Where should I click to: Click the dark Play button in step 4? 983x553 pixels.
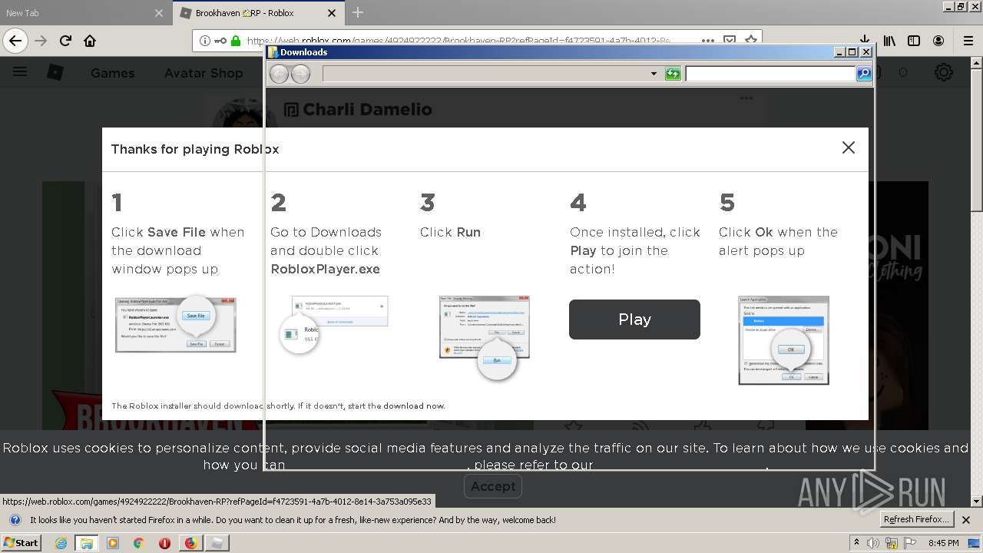tap(634, 320)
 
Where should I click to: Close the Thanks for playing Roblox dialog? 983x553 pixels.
tap(848, 147)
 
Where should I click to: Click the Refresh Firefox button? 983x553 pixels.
tap(916, 520)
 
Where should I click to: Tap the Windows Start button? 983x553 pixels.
tap(22, 543)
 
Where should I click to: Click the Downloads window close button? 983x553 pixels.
tap(866, 52)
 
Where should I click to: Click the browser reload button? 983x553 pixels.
tap(66, 41)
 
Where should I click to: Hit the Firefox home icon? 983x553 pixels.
tap(90, 41)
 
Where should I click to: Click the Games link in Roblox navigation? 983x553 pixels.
tap(112, 73)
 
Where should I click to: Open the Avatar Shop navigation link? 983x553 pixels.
tap(204, 73)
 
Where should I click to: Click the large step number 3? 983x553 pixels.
tap(428, 203)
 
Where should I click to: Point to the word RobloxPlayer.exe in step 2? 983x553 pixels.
tap(325, 269)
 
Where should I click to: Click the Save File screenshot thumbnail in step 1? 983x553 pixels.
tap(175, 324)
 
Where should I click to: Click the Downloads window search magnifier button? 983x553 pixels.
tap(864, 74)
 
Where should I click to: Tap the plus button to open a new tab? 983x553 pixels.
tap(358, 13)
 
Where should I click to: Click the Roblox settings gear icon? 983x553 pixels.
tap(943, 72)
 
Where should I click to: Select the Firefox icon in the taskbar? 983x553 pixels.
tap(190, 543)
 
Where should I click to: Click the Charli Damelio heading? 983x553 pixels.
tap(367, 109)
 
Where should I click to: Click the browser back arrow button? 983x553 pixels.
tap(15, 41)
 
